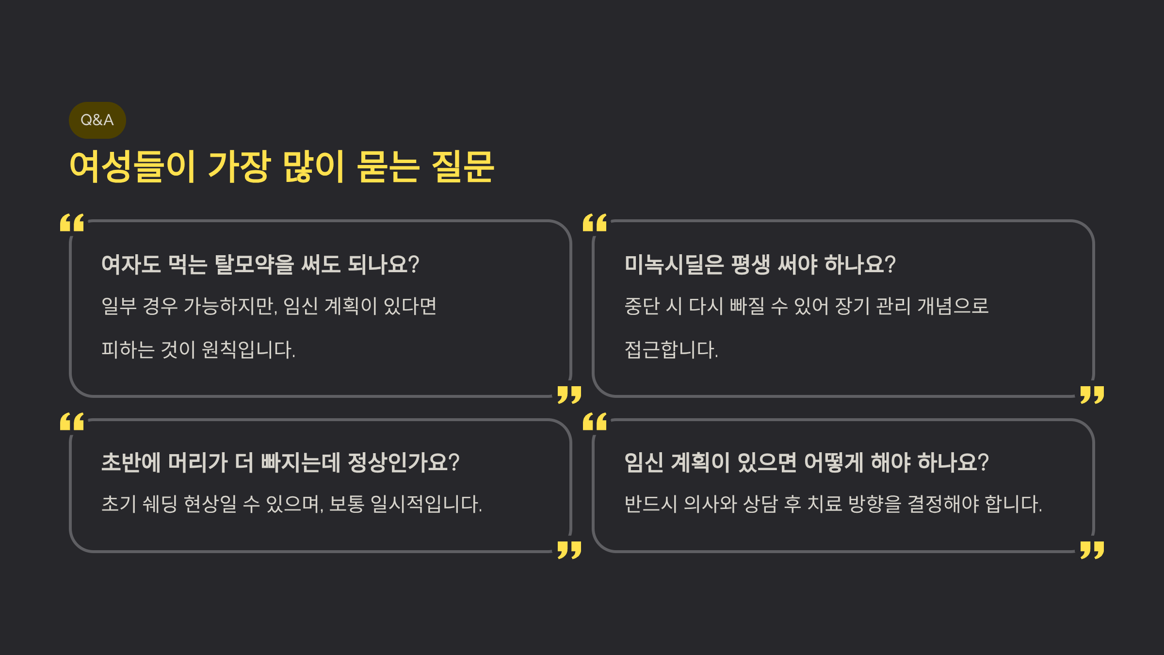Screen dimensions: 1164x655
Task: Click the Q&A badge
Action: tap(97, 120)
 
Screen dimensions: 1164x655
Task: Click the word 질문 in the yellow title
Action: tap(462, 166)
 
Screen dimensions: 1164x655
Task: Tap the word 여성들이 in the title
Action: tap(132, 166)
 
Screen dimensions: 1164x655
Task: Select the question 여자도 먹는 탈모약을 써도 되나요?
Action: tap(260, 264)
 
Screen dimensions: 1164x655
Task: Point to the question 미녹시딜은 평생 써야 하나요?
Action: tap(760, 264)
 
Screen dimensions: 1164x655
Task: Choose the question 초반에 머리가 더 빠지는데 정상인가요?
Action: tap(280, 462)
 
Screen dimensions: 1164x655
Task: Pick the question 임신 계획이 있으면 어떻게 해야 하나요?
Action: tap(806, 462)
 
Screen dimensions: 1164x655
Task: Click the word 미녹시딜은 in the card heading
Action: tap(674, 264)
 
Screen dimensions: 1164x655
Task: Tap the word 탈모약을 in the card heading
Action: tap(254, 264)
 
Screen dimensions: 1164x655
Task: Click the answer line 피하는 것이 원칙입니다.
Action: tap(198, 349)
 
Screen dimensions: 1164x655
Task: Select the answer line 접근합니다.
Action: tap(671, 349)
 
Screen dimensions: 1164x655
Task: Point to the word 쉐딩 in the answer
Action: tap(160, 504)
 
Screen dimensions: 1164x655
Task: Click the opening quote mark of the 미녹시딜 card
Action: tap(595, 223)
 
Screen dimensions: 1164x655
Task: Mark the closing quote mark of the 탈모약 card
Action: tap(569, 395)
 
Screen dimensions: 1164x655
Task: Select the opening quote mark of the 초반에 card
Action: tap(72, 422)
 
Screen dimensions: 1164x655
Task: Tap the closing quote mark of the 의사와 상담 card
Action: tap(1092, 550)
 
